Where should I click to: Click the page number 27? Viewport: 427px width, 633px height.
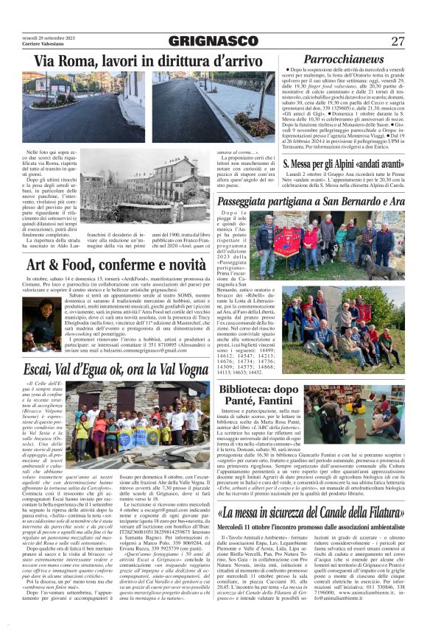398,42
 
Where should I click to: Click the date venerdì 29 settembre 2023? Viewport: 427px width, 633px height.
46,37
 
